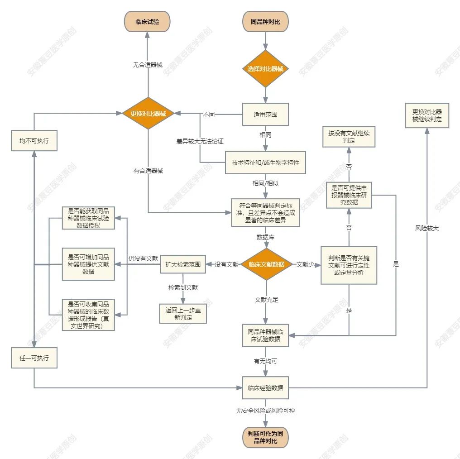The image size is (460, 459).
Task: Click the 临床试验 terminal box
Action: pyautogui.click(x=147, y=22)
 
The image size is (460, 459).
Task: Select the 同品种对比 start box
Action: pyautogui.click(x=265, y=22)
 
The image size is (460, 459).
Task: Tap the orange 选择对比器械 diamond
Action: pyautogui.click(x=265, y=69)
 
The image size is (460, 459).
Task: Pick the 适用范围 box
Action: pyautogui.click(x=265, y=115)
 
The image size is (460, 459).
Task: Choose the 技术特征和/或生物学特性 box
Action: pyautogui.click(x=265, y=163)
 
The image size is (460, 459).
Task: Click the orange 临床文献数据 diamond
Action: pyautogui.click(x=266, y=264)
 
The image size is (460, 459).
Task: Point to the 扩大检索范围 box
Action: pyautogui.click(x=183, y=264)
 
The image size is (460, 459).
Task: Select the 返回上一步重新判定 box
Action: pyautogui.click(x=183, y=314)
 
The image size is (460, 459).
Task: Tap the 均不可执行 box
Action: pyautogui.click(x=34, y=141)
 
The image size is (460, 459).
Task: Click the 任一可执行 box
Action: pyautogui.click(x=34, y=358)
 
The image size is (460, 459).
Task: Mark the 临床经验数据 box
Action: pyautogui.click(x=265, y=387)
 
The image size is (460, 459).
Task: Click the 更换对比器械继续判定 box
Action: pyautogui.click(x=427, y=115)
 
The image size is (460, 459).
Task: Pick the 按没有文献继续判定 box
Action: pyautogui.click(x=349, y=137)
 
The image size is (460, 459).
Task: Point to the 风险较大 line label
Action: pyautogui.click(x=427, y=229)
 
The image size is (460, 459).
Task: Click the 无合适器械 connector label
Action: pyautogui.click(x=148, y=65)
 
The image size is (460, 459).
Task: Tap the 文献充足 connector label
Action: pyautogui.click(x=266, y=300)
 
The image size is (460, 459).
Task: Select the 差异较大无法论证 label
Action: pyautogui.click(x=200, y=141)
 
